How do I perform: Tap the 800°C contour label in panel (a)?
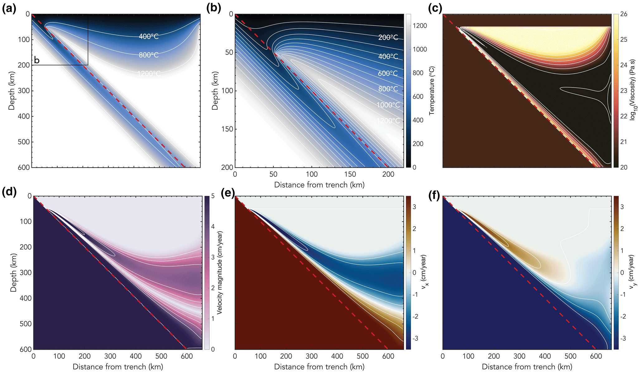149,55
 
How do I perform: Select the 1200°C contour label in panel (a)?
149,74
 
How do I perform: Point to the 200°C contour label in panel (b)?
388,37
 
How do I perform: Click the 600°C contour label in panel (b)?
388,73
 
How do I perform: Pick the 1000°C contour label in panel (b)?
388,105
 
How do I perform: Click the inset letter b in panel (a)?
37,60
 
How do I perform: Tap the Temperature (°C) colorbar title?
432,91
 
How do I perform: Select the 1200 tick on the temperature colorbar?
420,26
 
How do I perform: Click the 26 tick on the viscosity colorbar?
624,14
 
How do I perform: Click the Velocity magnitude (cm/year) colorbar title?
220,272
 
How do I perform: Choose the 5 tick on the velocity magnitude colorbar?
213,196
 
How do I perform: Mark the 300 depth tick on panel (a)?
25,91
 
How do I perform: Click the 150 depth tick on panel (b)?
227,129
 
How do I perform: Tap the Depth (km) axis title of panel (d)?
13,272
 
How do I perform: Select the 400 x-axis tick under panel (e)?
337,356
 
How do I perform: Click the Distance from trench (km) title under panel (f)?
527,367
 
